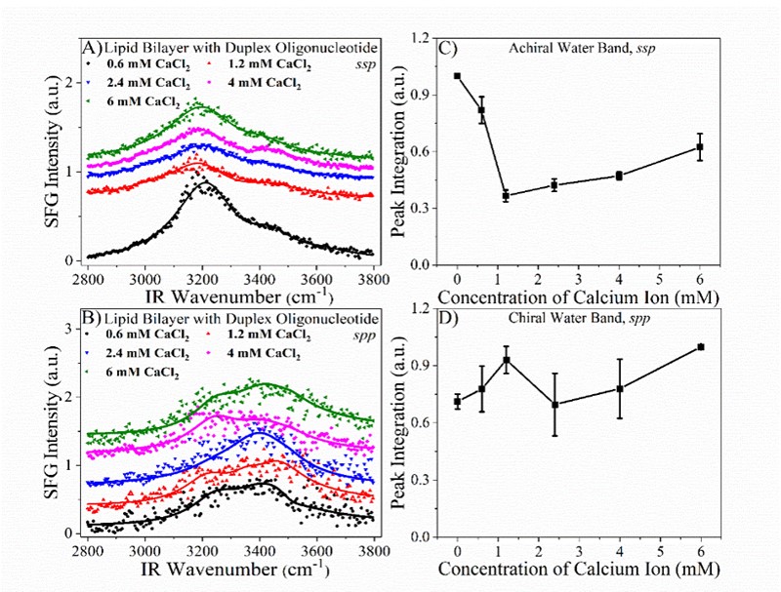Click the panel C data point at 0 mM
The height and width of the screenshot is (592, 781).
(457, 76)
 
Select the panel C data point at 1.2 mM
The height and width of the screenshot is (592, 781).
(506, 196)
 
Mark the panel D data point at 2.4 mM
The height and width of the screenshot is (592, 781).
(555, 405)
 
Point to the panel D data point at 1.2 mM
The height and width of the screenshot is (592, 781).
(506, 360)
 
